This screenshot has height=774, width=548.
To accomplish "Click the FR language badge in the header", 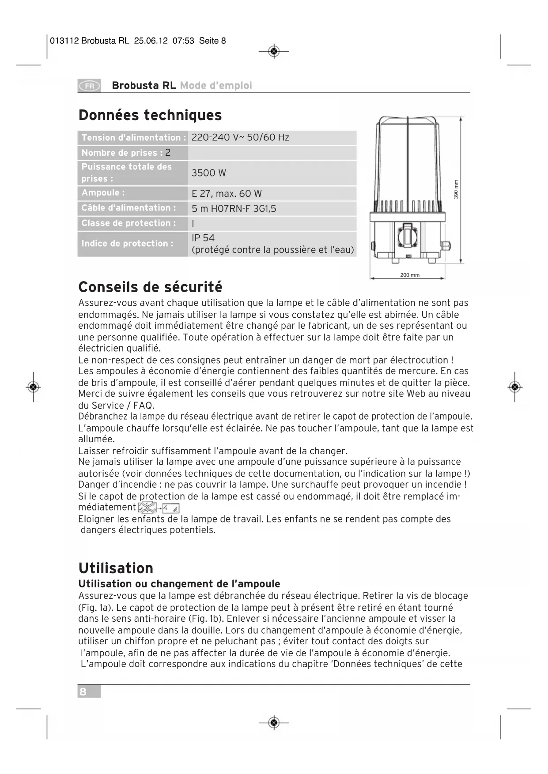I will tap(89, 86).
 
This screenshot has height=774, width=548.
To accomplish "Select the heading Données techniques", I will tap(150, 115).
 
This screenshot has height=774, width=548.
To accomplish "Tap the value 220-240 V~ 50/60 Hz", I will tap(240, 138).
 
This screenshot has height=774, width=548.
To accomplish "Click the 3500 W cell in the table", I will tap(208, 173).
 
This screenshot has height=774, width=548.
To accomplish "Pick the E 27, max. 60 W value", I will tap(227, 194).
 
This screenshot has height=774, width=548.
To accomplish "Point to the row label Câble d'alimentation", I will tap(128, 208).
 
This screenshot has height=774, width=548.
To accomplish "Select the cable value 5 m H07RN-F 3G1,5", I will tap(234, 209).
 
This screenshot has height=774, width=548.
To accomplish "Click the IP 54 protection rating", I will tap(203, 238).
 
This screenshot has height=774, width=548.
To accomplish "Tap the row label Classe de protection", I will tap(128, 223).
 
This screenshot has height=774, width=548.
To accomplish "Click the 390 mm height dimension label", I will tap(456, 189).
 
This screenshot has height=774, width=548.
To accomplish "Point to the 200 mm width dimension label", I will tap(409, 275).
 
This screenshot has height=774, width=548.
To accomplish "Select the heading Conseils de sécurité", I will tap(150, 287).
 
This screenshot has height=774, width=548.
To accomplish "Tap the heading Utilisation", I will tap(116, 568).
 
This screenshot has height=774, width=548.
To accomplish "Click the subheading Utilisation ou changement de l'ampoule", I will tap(179, 584).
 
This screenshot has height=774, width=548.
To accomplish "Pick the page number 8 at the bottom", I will tap(83, 691).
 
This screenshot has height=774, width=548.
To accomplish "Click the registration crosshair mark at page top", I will tap(274, 52).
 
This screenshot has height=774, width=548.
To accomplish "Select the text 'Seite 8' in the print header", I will tap(212, 41).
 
